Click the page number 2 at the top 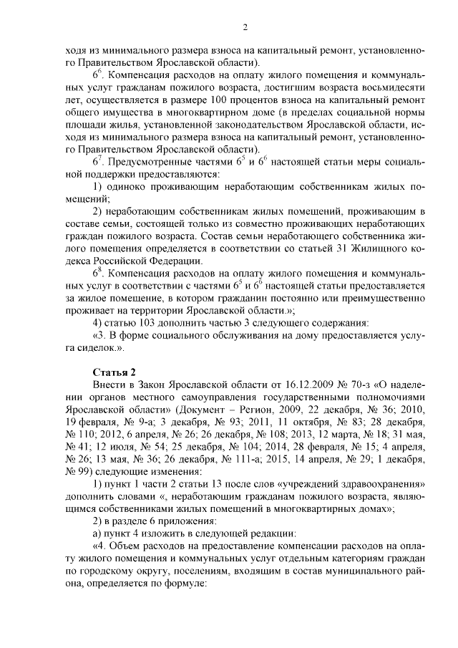click(x=245, y=28)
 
